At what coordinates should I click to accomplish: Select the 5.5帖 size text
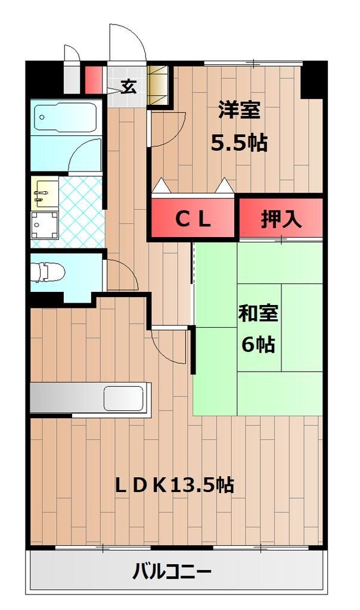click(239, 143)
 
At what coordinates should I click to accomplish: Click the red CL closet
click(192, 220)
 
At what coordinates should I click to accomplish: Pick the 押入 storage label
click(281, 219)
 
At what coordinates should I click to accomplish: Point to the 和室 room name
click(258, 313)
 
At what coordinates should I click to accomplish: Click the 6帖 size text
click(258, 345)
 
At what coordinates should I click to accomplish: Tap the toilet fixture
click(47, 272)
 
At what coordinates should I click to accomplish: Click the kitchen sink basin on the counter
click(123, 398)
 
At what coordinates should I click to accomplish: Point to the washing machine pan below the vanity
click(45, 225)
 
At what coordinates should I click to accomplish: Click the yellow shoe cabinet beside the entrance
click(159, 86)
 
